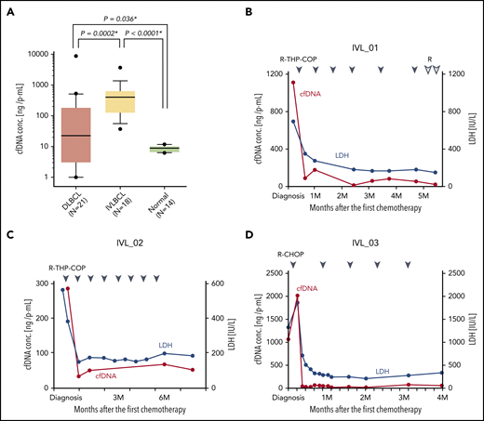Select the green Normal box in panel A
click(x=190, y=148)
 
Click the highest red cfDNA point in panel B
click(x=292, y=83)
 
